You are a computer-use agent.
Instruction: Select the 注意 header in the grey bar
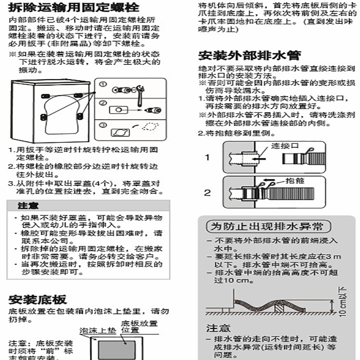click(25, 206)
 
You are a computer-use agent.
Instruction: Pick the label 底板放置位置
click(139, 326)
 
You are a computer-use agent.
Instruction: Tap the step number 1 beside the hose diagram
click(207, 157)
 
